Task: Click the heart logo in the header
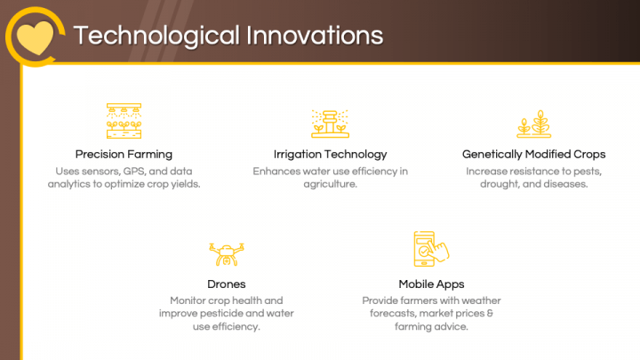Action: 35,36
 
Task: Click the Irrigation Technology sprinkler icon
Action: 330,122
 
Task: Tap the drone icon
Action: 226,252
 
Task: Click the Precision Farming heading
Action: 124,154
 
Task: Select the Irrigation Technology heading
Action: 330,154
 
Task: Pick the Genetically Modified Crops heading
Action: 534,154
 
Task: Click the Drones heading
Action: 226,284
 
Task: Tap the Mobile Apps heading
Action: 431,284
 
